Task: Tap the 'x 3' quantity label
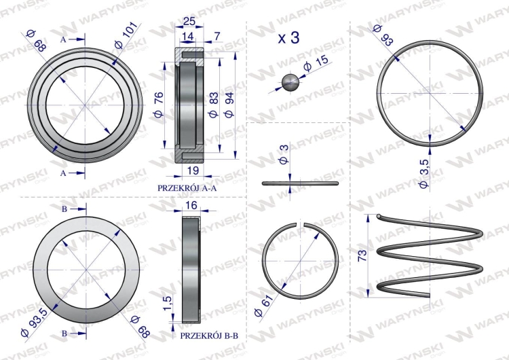289,39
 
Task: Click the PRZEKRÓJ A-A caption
185,187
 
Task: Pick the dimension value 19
191,170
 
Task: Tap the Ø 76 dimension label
159,105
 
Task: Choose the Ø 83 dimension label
214,105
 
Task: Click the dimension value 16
191,205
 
